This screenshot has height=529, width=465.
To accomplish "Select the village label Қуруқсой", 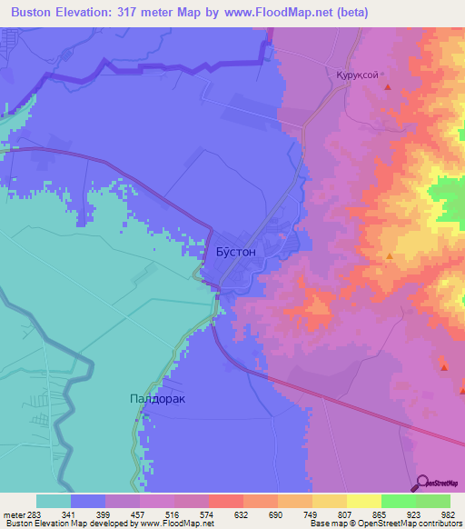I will click(358, 75).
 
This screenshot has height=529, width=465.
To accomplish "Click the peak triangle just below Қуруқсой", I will click(389, 88).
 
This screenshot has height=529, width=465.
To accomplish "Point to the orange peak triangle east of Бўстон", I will click(390, 256).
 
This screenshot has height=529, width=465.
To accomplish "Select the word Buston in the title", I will click(35, 12).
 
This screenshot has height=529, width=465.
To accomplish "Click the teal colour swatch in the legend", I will click(53, 501).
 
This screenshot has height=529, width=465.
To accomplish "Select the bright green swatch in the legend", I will click(398, 501).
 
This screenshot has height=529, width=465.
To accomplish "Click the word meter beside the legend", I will click(14, 514).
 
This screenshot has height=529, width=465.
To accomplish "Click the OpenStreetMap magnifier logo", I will click(424, 483).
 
